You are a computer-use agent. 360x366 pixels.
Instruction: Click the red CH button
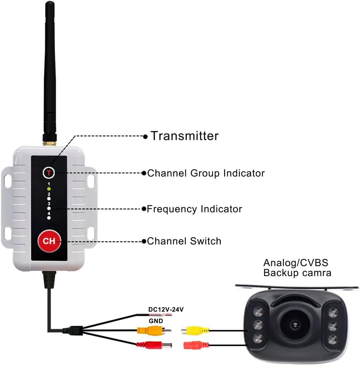[49, 241]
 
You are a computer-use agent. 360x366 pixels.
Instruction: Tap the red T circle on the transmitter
[49, 173]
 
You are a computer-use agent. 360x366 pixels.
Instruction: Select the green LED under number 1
[49, 189]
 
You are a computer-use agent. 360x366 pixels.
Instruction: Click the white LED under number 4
[49, 218]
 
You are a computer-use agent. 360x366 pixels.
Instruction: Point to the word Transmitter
[185, 136]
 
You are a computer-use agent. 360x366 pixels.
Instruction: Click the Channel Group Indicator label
[206, 173]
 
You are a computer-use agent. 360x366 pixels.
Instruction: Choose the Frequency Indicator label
[195, 209]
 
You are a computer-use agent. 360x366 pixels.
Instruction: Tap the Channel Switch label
[184, 241]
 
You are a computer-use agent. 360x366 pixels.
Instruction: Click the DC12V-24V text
[166, 310]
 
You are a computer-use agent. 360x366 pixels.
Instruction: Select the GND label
[156, 321]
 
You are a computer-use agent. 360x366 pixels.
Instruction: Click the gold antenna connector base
[49, 143]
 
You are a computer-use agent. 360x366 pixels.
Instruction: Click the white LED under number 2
[49, 199]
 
